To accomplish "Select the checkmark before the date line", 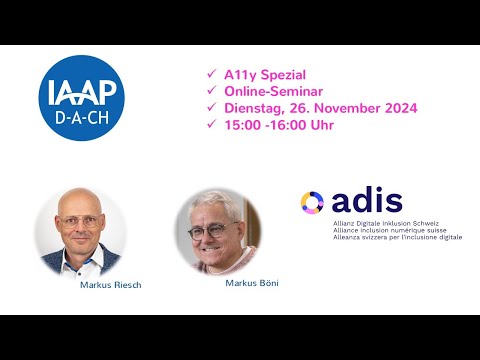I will pyautogui.click(x=210, y=108).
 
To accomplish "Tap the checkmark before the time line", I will pyautogui.click(x=210, y=124).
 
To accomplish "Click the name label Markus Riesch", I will pyautogui.click(x=110, y=285).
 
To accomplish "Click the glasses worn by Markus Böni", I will pyautogui.click(x=207, y=230).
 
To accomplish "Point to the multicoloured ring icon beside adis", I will pyautogui.click(x=312, y=202).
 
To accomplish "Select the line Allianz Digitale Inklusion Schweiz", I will pyautogui.click(x=385, y=223).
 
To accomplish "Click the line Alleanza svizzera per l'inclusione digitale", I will pyautogui.click(x=397, y=237).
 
